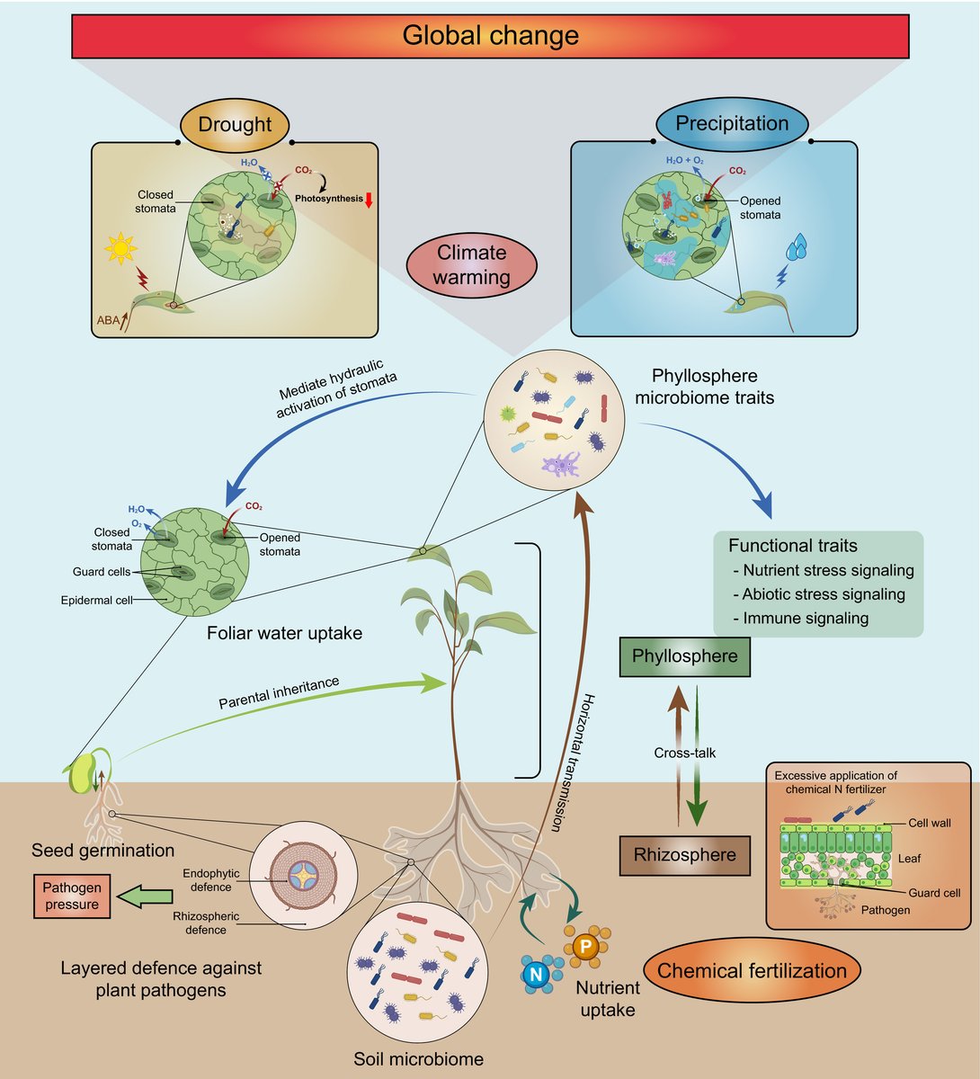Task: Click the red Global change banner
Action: coord(490,35)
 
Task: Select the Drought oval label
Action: coord(235,124)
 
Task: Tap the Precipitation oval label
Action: coord(731,123)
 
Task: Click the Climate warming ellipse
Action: coord(470,265)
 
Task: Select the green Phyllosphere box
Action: coord(684,655)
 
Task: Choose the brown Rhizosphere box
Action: coord(684,854)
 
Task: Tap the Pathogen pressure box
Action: coord(72,896)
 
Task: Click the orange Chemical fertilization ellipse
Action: coord(752,970)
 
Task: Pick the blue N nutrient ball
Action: coord(537,974)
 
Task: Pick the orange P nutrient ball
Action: coord(584,946)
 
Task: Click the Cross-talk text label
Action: coord(685,752)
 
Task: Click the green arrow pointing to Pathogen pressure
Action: coord(146,896)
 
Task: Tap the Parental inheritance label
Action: coord(279,692)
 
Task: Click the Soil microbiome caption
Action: coord(418,1058)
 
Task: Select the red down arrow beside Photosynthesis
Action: coord(369,199)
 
